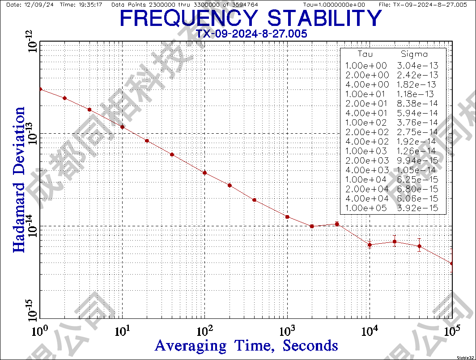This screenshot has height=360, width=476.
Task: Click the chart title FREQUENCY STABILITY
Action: pyautogui.click(x=251, y=18)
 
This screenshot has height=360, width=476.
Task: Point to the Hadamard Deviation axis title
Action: pyautogui.click(x=19, y=179)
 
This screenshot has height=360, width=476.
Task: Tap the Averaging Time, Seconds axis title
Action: pyautogui.click(x=246, y=345)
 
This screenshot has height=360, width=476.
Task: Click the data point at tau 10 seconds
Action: pyautogui.click(x=122, y=127)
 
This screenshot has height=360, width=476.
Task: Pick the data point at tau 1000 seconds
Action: pyautogui.click(x=287, y=217)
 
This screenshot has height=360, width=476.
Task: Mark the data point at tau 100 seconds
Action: pyautogui.click(x=204, y=173)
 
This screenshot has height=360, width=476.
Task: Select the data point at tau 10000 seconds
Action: pyautogui.click(x=370, y=245)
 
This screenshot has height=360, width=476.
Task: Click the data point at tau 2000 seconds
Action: pyautogui.click(x=312, y=226)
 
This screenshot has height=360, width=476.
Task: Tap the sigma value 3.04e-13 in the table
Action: pyautogui.click(x=418, y=65)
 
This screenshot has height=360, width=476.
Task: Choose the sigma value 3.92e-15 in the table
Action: pyautogui.click(x=418, y=208)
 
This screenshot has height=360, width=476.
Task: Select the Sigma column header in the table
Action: pyautogui.click(x=414, y=55)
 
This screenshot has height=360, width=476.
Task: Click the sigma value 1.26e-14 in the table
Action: pyautogui.click(x=418, y=151)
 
